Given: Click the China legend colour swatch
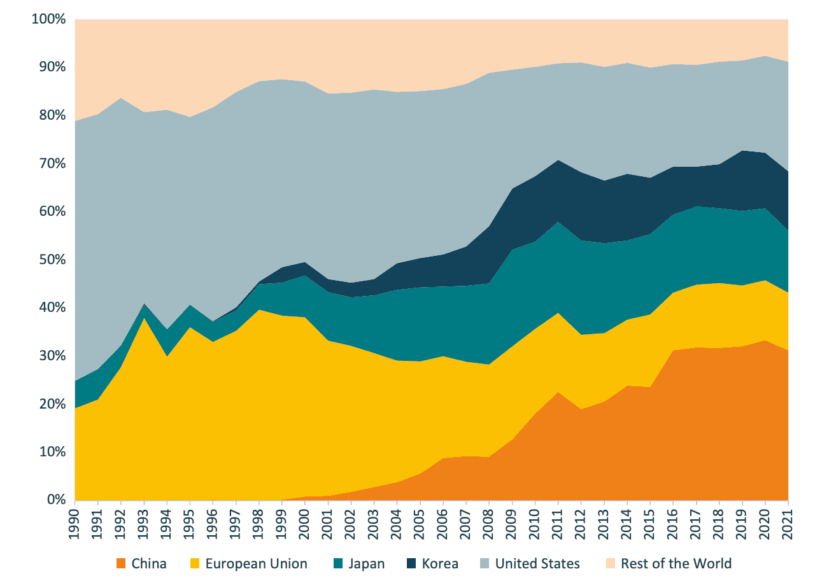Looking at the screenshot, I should click(120, 563).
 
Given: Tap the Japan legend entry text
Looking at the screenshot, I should click(366, 563).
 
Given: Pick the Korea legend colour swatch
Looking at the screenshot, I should click(409, 563).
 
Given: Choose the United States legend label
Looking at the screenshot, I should click(537, 563).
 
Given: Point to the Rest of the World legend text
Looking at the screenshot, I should click(676, 563).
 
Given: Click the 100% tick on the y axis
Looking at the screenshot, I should click(48, 19).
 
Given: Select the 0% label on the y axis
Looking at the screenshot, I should click(55, 500).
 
